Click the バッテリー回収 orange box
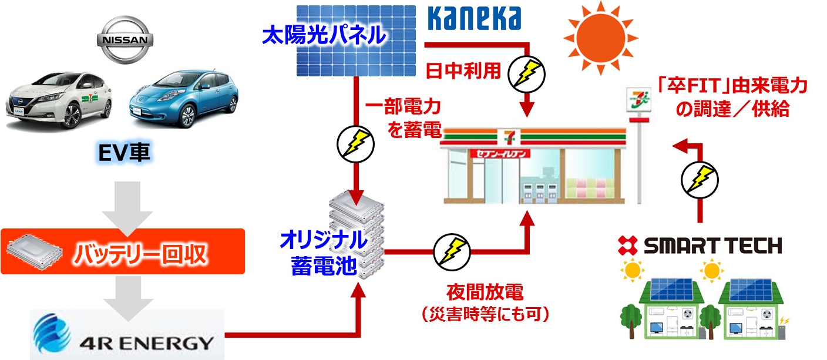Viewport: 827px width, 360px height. [122, 252]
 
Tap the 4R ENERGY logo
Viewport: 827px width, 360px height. [127, 334]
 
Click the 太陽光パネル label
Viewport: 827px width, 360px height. [324, 36]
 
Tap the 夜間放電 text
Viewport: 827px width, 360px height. [485, 291]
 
